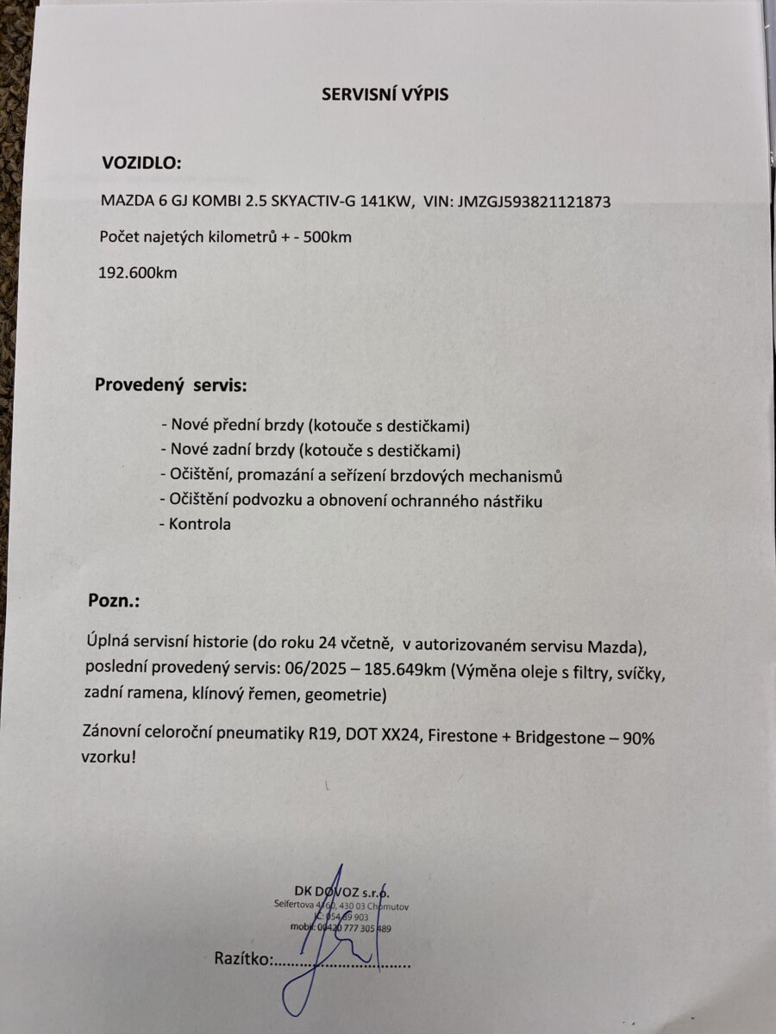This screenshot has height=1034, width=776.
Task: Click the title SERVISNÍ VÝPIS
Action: coord(385,95)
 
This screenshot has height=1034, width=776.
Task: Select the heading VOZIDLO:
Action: coord(142,164)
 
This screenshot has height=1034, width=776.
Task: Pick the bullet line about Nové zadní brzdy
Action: coord(310,450)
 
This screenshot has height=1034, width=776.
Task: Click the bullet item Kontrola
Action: coord(197,524)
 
